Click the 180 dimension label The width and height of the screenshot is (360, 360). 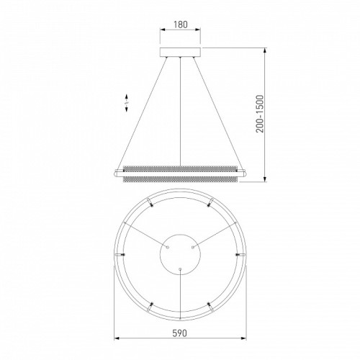click(x=180, y=24)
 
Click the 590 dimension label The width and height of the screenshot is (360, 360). click(x=180, y=333)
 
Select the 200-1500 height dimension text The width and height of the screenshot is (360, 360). click(x=260, y=114)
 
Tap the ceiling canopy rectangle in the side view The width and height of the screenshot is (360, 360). click(x=180, y=53)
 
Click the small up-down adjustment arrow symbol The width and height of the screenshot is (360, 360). click(x=127, y=103)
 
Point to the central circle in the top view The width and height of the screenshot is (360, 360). click(x=180, y=235)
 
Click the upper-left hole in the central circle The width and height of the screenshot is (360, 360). click(x=168, y=246)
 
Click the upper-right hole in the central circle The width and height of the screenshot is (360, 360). click(x=192, y=246)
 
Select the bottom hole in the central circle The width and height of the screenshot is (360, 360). click(x=180, y=269)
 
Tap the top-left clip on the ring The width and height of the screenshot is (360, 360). click(x=150, y=202)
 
